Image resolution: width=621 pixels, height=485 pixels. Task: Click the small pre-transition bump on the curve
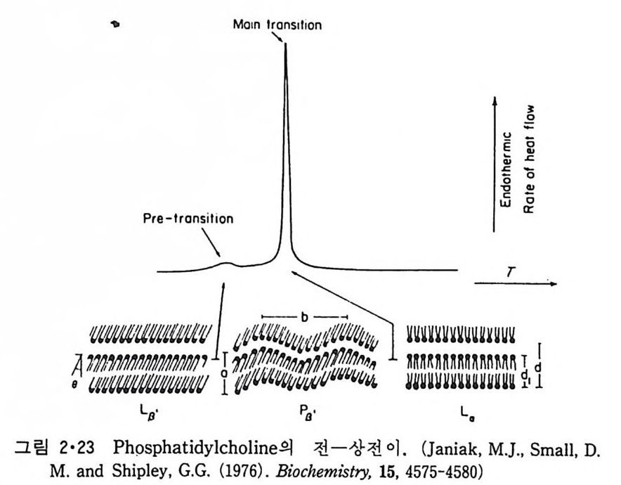(226, 264)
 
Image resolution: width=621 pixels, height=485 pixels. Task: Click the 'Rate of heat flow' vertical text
(530, 162)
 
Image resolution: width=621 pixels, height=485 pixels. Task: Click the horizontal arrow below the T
(516, 285)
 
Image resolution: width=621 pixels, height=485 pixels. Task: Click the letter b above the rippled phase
(303, 317)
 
